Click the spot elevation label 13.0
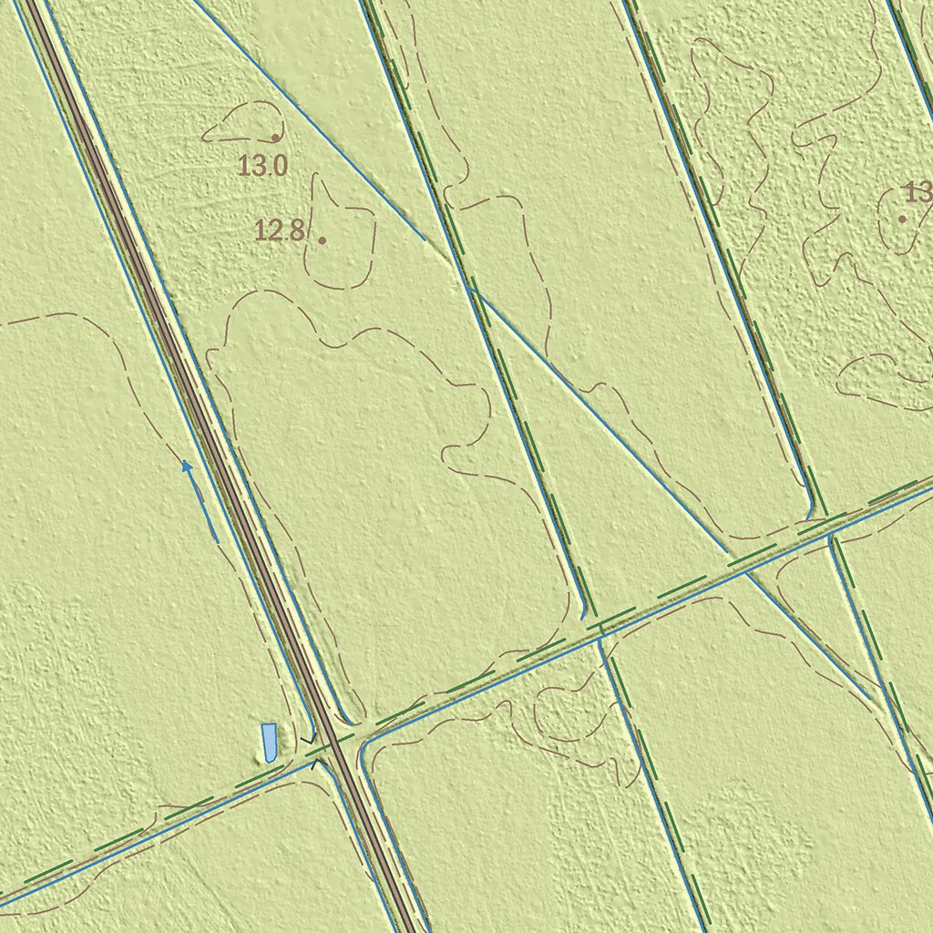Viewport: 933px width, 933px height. (x=263, y=166)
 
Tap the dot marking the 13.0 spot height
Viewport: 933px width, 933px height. (x=274, y=138)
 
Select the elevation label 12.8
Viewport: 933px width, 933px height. (x=280, y=231)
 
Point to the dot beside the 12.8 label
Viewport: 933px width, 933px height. (x=322, y=240)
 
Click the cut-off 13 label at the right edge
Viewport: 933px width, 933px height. (x=918, y=192)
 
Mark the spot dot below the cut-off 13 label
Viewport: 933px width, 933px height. (x=902, y=219)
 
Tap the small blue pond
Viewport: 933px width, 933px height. (x=269, y=743)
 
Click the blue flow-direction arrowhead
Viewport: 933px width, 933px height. (x=187, y=466)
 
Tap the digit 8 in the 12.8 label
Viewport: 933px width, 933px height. (x=296, y=231)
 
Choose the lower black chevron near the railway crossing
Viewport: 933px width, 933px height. (x=316, y=763)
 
